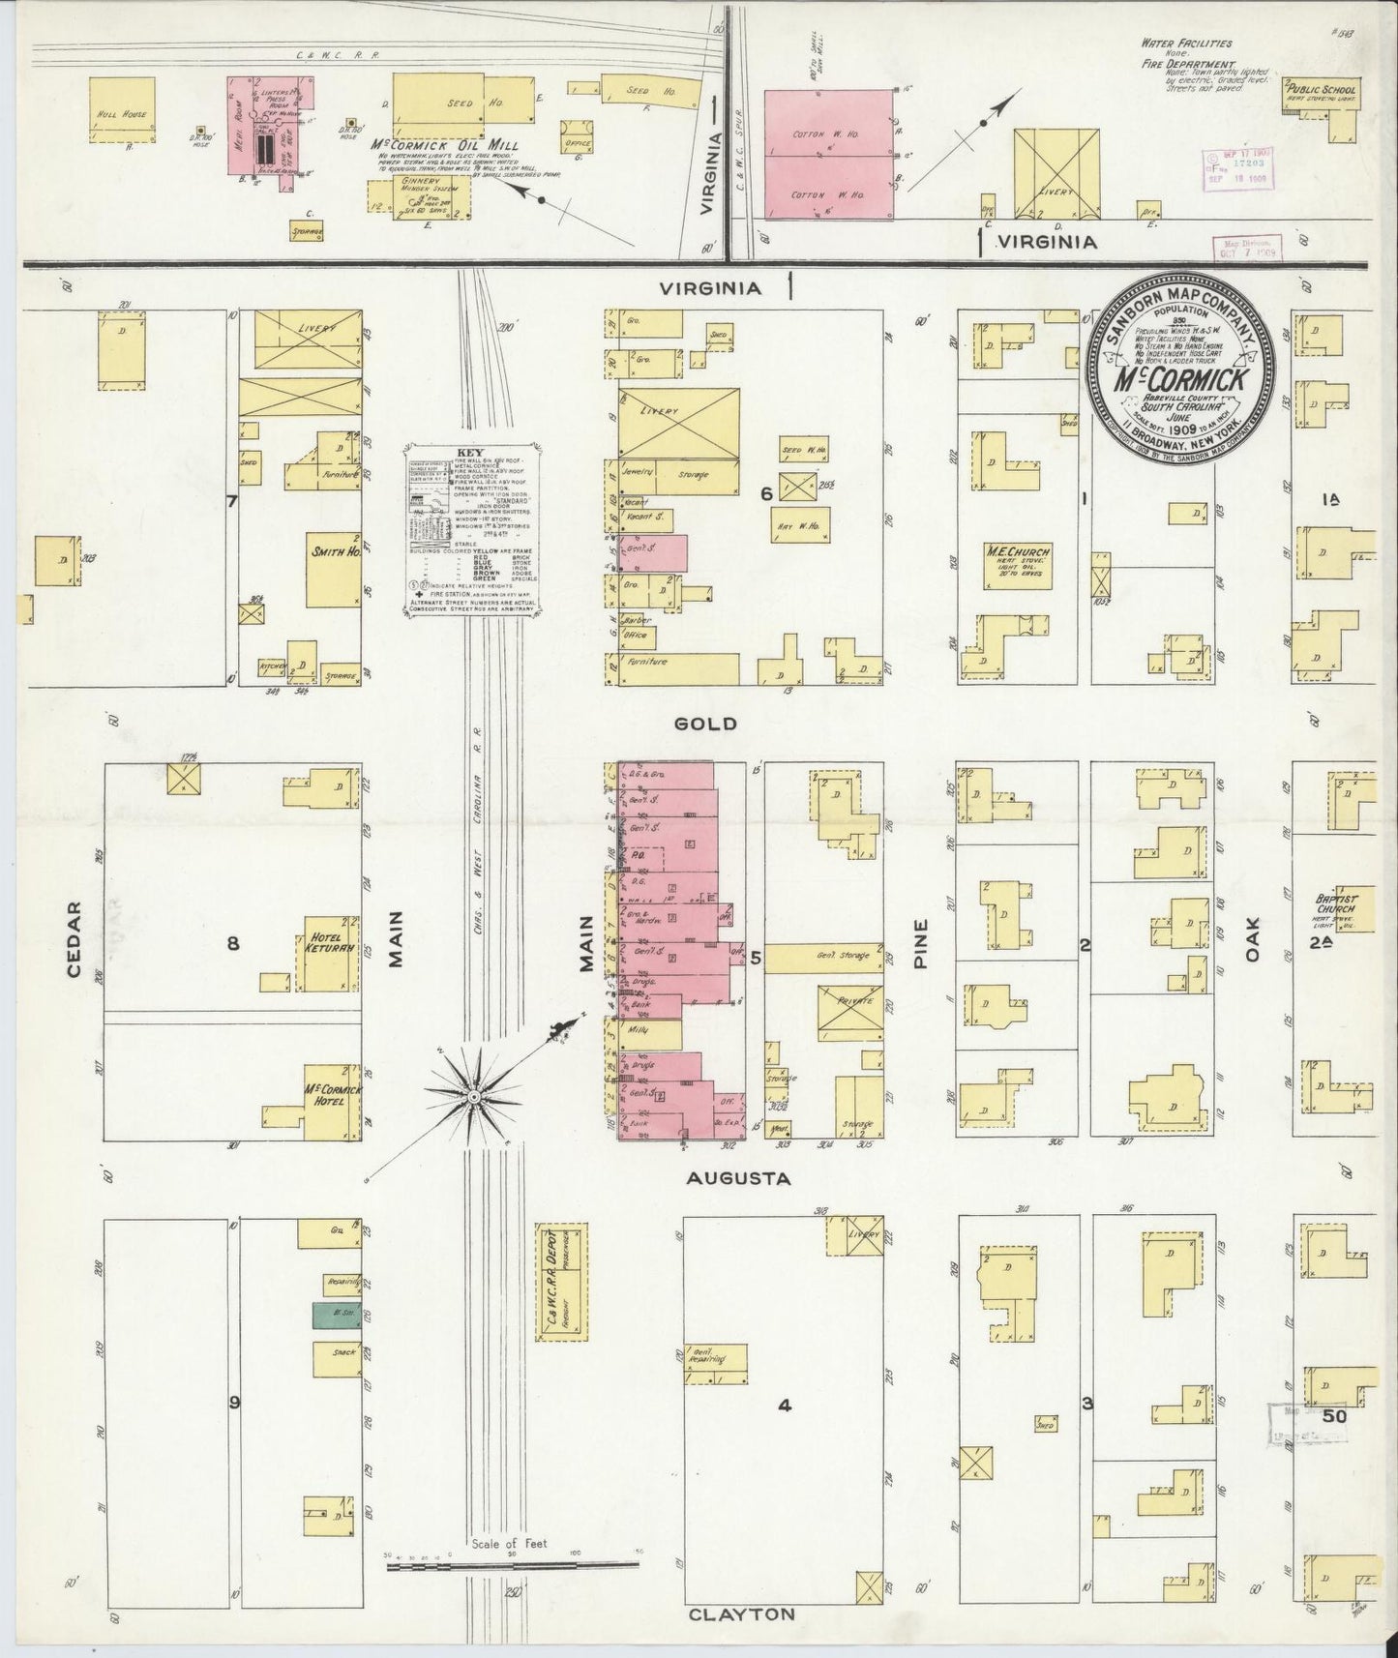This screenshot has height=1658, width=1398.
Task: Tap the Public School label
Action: click(x=1321, y=91)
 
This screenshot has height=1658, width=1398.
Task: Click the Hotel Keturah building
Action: click(x=326, y=954)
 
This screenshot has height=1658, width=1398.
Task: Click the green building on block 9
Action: click(x=331, y=1315)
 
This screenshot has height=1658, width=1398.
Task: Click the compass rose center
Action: click(x=474, y=1097)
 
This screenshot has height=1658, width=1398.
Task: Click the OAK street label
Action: click(x=1254, y=939)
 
